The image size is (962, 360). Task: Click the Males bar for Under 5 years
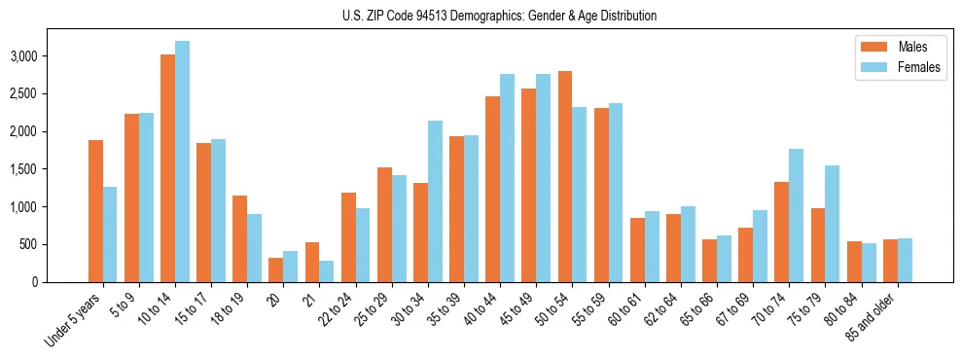tap(95, 211)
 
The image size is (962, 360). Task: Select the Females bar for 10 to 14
tap(182, 162)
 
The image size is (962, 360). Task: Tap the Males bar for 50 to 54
tap(564, 176)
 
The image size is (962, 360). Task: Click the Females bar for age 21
tap(327, 271)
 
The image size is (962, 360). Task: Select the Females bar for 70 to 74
tap(796, 215)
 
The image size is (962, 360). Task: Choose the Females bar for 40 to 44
tap(507, 178)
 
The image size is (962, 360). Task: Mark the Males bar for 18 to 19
tap(240, 238)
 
